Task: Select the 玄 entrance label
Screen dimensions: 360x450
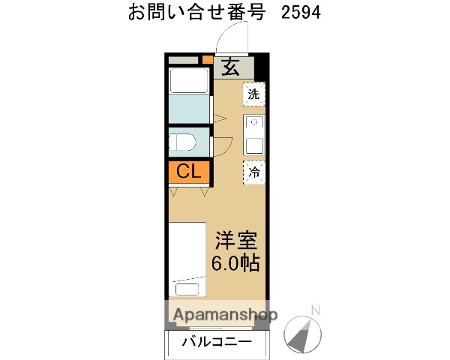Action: (x=229, y=67)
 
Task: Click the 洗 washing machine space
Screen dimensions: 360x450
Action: (x=254, y=94)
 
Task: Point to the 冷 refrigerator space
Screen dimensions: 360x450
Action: (x=254, y=172)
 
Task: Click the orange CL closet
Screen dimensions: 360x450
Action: (x=187, y=172)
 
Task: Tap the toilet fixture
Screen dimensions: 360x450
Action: (x=183, y=141)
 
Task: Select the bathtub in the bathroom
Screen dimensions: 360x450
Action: (x=187, y=80)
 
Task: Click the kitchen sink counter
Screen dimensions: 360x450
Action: (x=254, y=133)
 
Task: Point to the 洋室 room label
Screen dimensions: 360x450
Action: (x=237, y=241)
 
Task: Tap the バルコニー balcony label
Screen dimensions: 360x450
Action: (x=217, y=343)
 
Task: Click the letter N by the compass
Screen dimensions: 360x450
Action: (x=315, y=309)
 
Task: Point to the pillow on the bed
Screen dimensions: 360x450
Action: (x=189, y=289)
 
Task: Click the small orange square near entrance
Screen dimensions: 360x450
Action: (x=207, y=58)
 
